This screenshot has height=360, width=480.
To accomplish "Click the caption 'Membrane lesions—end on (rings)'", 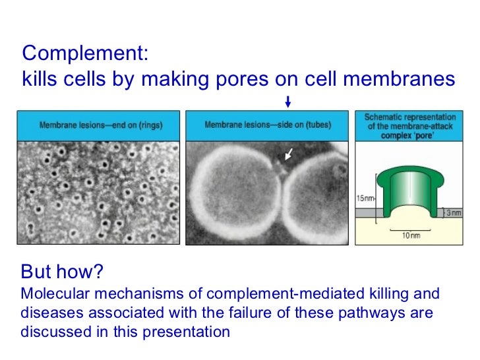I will (x=101, y=125).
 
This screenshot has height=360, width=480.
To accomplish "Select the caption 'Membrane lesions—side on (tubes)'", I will (x=268, y=125).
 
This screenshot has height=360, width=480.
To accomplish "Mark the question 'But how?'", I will (x=63, y=272).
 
